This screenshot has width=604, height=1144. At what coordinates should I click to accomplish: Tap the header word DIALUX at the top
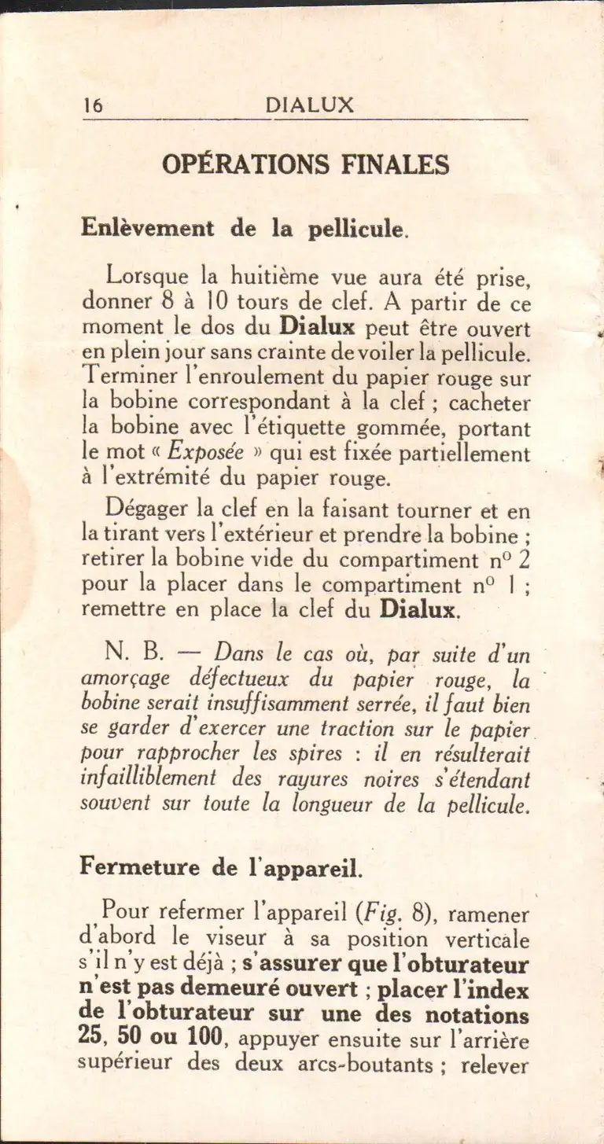pos(309,105)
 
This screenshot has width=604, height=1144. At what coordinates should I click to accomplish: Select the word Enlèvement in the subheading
pos(147,228)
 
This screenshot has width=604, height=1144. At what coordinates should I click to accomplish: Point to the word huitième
pos(266,277)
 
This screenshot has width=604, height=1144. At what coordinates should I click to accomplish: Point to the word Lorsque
pos(148,278)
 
